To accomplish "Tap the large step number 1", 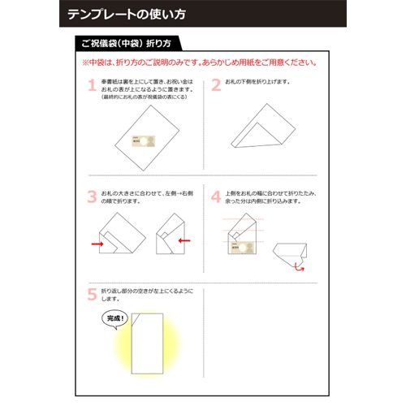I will click(x=92, y=85).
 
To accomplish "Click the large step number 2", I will click(x=216, y=85).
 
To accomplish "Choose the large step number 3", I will click(x=92, y=197).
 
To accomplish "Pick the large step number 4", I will click(x=216, y=197).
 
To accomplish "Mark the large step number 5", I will click(x=92, y=294).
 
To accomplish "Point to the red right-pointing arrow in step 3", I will click(x=97, y=242).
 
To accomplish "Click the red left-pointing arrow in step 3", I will click(x=184, y=240).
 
